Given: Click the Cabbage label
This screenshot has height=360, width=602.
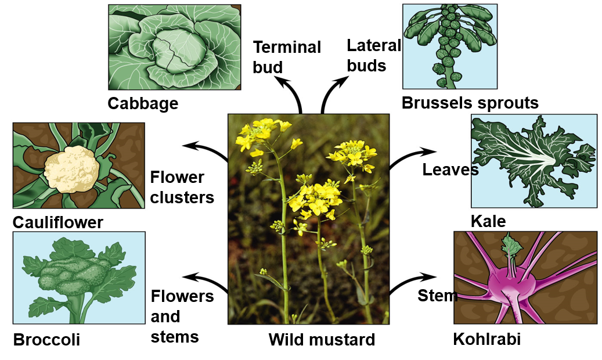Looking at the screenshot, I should (x=143, y=103).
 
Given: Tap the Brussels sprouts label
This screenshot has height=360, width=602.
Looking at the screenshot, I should (x=470, y=103).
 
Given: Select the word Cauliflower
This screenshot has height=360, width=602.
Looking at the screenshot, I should (x=58, y=222).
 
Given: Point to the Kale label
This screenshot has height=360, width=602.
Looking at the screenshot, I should (x=488, y=221).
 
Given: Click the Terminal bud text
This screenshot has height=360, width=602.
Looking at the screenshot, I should (x=286, y=57).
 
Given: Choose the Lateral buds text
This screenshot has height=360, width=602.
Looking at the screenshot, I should (x=373, y=55).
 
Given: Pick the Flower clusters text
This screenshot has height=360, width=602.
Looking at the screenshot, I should (x=182, y=187).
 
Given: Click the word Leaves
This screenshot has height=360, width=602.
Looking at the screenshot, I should (x=450, y=170).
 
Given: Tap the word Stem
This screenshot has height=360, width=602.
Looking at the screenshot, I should (x=438, y=296).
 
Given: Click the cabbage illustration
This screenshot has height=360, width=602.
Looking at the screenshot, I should (x=175, y=46).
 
